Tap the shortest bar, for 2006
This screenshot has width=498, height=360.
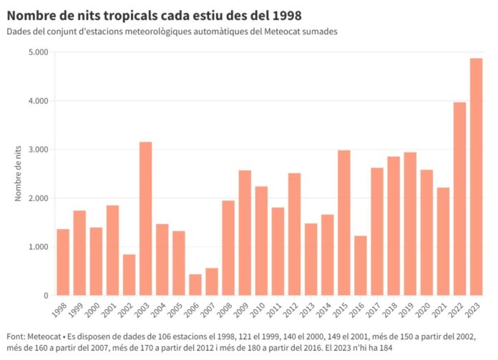point(195,285)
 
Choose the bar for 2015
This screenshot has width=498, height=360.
point(343,223)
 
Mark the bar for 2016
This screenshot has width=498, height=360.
point(360,266)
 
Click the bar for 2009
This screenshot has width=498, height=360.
point(245,233)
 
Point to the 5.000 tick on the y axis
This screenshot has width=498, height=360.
point(37,52)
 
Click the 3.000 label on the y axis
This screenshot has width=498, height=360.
point(37,150)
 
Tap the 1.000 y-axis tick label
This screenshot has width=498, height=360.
point(37,247)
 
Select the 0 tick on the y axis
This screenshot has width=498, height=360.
point(44,296)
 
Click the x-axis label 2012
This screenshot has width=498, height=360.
point(292,311)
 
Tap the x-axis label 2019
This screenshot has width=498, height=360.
point(408,311)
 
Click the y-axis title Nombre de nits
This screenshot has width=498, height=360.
point(19,174)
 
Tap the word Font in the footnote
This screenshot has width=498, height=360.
point(15,336)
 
